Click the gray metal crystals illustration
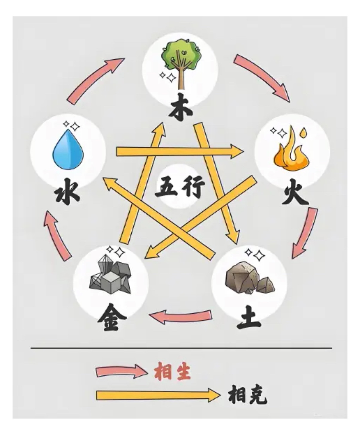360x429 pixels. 110,276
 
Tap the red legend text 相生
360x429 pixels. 172,371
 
